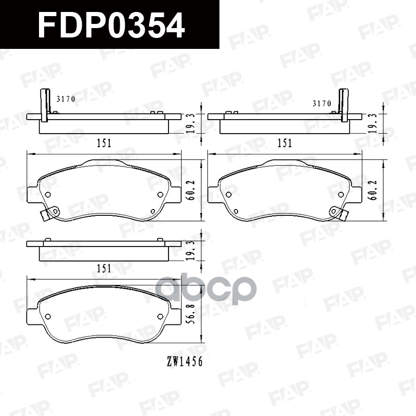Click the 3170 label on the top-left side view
pos(66,98)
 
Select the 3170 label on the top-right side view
pos(321,103)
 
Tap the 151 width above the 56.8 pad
pos(104,268)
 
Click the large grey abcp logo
pos(206,291)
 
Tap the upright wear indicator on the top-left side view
pos(44,106)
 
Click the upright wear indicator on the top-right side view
pos(344,106)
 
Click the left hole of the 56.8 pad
pos(48,317)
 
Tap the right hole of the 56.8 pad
pos(160,317)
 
